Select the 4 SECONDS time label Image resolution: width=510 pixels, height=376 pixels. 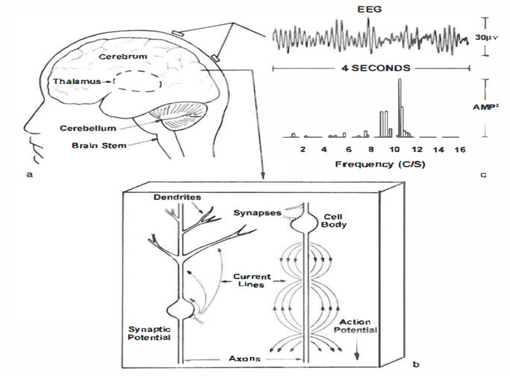371,68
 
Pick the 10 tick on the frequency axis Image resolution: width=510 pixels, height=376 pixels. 395,150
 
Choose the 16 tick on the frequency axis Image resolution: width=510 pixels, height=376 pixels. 460,150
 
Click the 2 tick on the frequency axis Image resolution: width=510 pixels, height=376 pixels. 303,150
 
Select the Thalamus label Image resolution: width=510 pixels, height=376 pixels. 74,82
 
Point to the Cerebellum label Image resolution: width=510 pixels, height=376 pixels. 89,128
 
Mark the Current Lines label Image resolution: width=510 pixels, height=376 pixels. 252,280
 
